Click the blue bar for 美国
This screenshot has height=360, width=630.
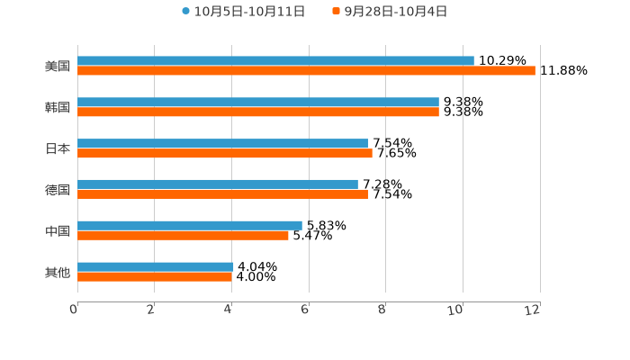(x=275, y=60)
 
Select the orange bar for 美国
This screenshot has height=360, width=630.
(x=306, y=71)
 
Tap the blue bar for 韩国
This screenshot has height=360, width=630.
(x=258, y=102)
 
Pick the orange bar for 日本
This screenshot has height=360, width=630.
(x=225, y=154)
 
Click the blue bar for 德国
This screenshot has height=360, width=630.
(x=218, y=184)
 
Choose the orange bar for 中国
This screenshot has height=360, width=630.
(x=183, y=236)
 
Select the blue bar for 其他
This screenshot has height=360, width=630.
(x=156, y=266)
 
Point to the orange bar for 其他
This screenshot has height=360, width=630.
(x=155, y=277)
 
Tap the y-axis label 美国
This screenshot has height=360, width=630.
(x=58, y=66)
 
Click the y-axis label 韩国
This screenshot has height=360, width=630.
(x=58, y=107)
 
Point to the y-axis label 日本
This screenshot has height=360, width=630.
(x=58, y=148)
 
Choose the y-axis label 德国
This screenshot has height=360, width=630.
(x=58, y=190)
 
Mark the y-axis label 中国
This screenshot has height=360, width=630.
(x=58, y=231)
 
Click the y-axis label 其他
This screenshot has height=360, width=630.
(x=58, y=272)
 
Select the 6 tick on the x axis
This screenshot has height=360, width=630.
(x=305, y=310)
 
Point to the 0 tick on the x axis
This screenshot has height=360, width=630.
(x=74, y=310)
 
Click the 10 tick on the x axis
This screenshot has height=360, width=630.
(x=456, y=310)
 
